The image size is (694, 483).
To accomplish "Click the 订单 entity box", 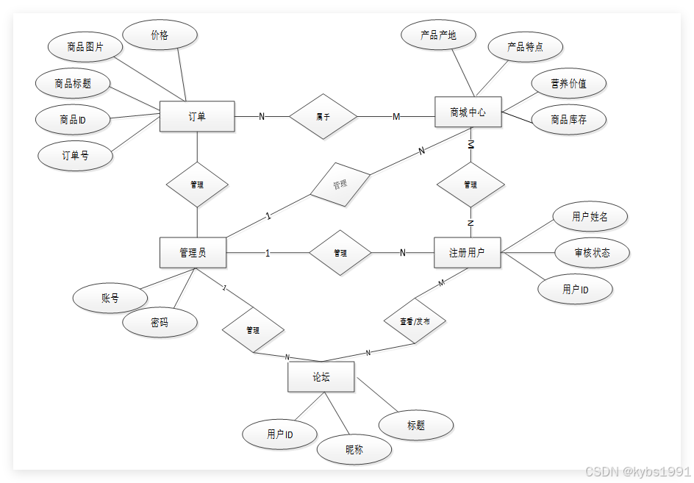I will click(x=197, y=116).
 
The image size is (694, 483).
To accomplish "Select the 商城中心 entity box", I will click(x=468, y=112).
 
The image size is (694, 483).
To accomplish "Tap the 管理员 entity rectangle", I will click(x=193, y=253).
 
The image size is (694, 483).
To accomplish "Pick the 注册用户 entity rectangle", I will click(x=468, y=253).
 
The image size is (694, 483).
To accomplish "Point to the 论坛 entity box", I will click(x=321, y=377).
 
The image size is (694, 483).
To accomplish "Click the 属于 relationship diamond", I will click(x=323, y=116).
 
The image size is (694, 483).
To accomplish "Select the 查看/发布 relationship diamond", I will click(x=415, y=322).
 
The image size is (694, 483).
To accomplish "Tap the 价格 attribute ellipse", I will click(x=160, y=35).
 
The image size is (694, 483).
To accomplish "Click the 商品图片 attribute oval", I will click(x=85, y=47).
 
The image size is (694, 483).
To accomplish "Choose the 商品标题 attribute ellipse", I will click(x=74, y=83).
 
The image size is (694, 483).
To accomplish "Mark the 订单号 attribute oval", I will click(x=75, y=155).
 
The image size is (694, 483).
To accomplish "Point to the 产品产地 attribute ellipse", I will click(x=439, y=35).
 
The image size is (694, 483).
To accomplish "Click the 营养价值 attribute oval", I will click(x=568, y=83).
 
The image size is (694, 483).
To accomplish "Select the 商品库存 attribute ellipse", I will click(x=568, y=119).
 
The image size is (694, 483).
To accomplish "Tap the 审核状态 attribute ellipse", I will click(x=592, y=253).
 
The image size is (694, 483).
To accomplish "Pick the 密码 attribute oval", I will click(x=160, y=322).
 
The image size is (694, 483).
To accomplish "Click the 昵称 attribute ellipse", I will click(x=354, y=449).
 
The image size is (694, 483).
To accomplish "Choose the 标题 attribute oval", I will click(x=416, y=425).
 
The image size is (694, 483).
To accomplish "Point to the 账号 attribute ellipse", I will click(x=110, y=298).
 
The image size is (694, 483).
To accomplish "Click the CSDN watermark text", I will click(x=637, y=471).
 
